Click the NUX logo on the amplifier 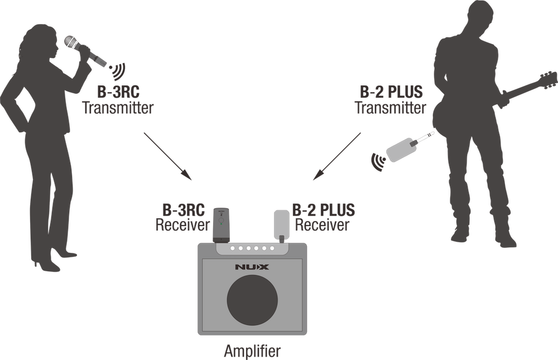[252, 267]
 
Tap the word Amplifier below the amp [252, 351]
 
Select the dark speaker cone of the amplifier [252, 300]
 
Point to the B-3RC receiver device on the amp [220, 225]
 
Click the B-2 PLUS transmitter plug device [409, 147]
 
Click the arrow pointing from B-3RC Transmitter [167, 156]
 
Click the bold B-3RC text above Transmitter [118, 92]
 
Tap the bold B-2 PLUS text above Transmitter [391, 92]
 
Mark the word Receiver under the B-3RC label [182, 225]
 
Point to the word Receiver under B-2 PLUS [322, 225]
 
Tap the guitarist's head [477, 15]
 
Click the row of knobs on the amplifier [252, 248]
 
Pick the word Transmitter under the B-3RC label [118, 108]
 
